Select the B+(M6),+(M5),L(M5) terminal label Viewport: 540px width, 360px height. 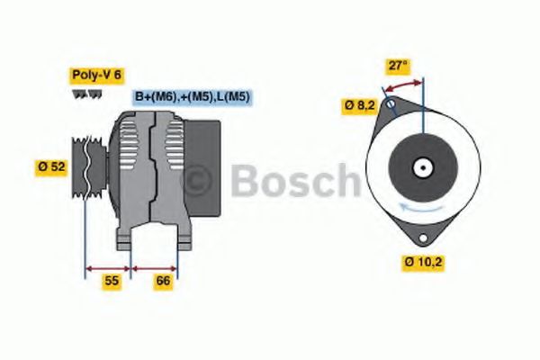193,96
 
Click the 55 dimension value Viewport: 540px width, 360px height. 111,281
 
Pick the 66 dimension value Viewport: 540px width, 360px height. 163,281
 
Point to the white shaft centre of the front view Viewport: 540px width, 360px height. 421,167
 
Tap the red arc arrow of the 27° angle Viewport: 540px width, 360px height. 403,85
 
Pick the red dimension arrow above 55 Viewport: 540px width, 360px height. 108,268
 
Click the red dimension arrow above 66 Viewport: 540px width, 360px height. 155,268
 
